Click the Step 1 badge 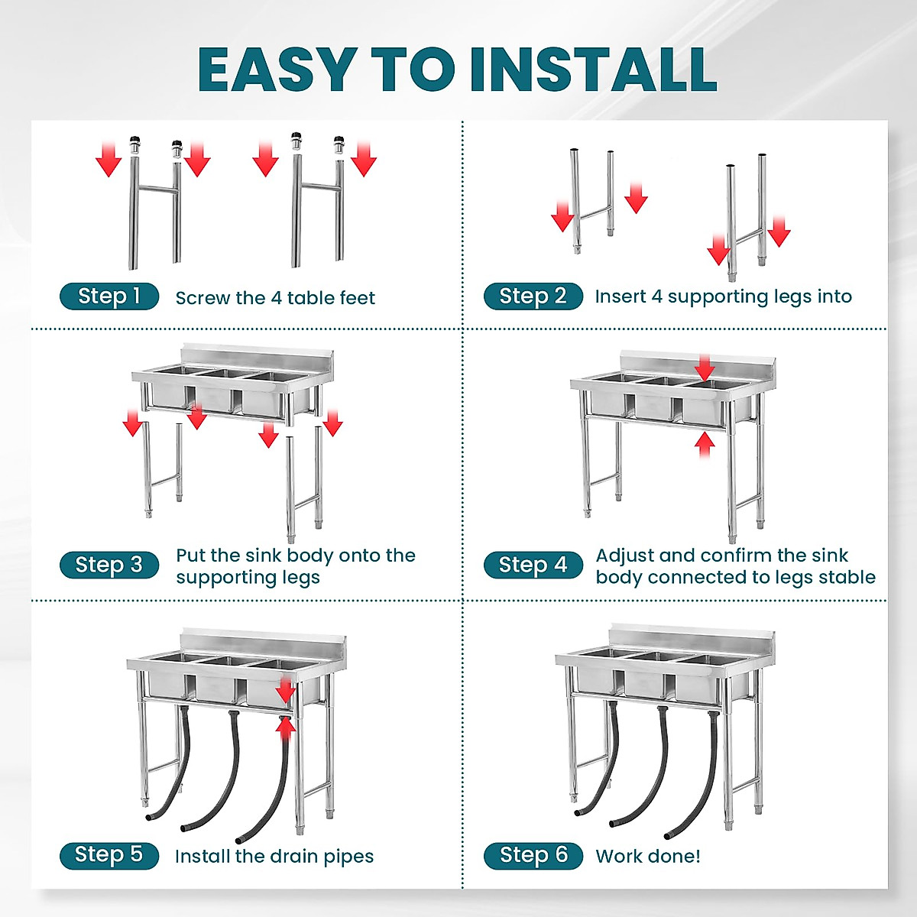pyautogui.click(x=109, y=296)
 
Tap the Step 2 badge pyautogui.click(x=533, y=296)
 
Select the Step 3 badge pyautogui.click(x=109, y=565)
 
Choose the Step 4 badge pyautogui.click(x=533, y=565)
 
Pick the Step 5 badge pyautogui.click(x=109, y=856)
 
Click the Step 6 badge pyautogui.click(x=533, y=856)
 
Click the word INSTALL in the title pyautogui.click(x=594, y=70)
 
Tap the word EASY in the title pyautogui.click(x=278, y=70)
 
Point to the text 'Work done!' pyautogui.click(x=648, y=856)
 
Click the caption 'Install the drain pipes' pyautogui.click(x=274, y=856)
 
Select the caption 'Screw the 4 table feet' pyautogui.click(x=275, y=298)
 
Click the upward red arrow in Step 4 pyautogui.click(x=705, y=446)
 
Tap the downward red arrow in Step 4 pyautogui.click(x=705, y=368)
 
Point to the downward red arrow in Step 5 pyautogui.click(x=285, y=690)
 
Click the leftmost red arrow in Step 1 pyautogui.click(x=109, y=159)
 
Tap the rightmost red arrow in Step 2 pyautogui.click(x=779, y=232)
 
